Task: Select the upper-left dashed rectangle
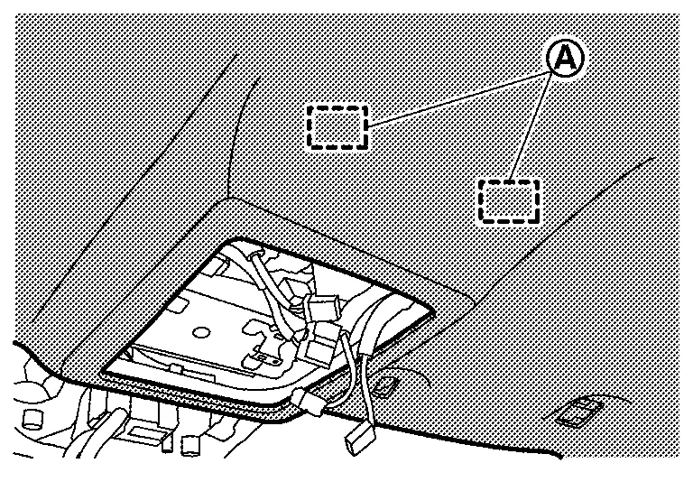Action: pyautogui.click(x=337, y=125)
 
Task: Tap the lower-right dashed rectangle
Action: pyautogui.click(x=508, y=200)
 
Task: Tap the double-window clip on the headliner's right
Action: pyautogui.click(x=577, y=413)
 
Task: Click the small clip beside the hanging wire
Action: pyautogui.click(x=385, y=386)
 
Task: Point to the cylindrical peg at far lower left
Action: pyautogui.click(x=34, y=417)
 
